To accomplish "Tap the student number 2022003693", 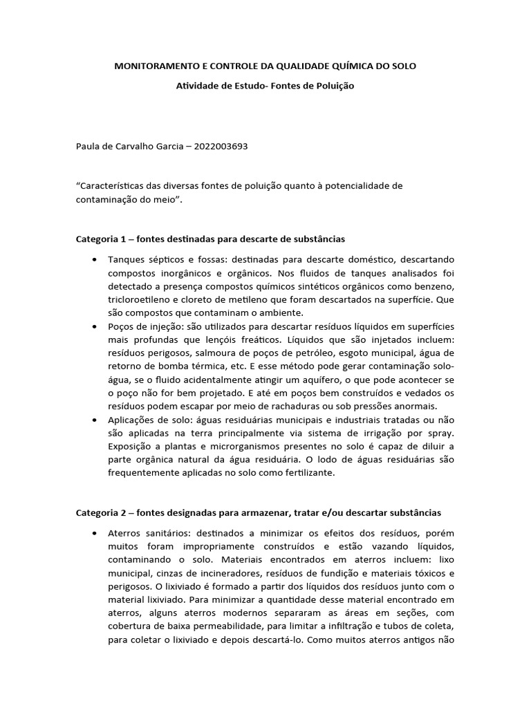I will (221, 146).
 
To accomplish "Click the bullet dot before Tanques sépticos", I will (93, 259).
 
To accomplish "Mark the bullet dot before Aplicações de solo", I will (93, 420).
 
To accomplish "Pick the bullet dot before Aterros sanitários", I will (93, 534).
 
